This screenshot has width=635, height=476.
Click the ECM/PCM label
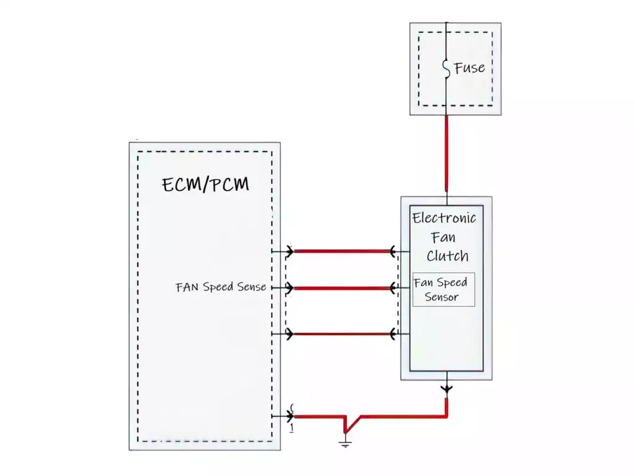tap(206, 184)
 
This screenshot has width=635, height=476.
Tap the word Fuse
tap(469, 68)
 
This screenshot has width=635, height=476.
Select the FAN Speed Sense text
tap(221, 287)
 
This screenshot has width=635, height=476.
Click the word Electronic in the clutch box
tap(444, 218)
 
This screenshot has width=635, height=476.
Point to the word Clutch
tap(447, 255)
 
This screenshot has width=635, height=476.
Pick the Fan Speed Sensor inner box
tap(443, 289)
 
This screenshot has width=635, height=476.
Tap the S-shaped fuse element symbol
tap(446, 68)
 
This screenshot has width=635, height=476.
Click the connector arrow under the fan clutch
tap(446, 389)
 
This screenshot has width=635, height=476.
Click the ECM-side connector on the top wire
tap(290, 251)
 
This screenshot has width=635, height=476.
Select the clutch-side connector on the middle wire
tap(393, 288)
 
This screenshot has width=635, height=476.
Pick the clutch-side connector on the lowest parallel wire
tap(393, 335)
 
